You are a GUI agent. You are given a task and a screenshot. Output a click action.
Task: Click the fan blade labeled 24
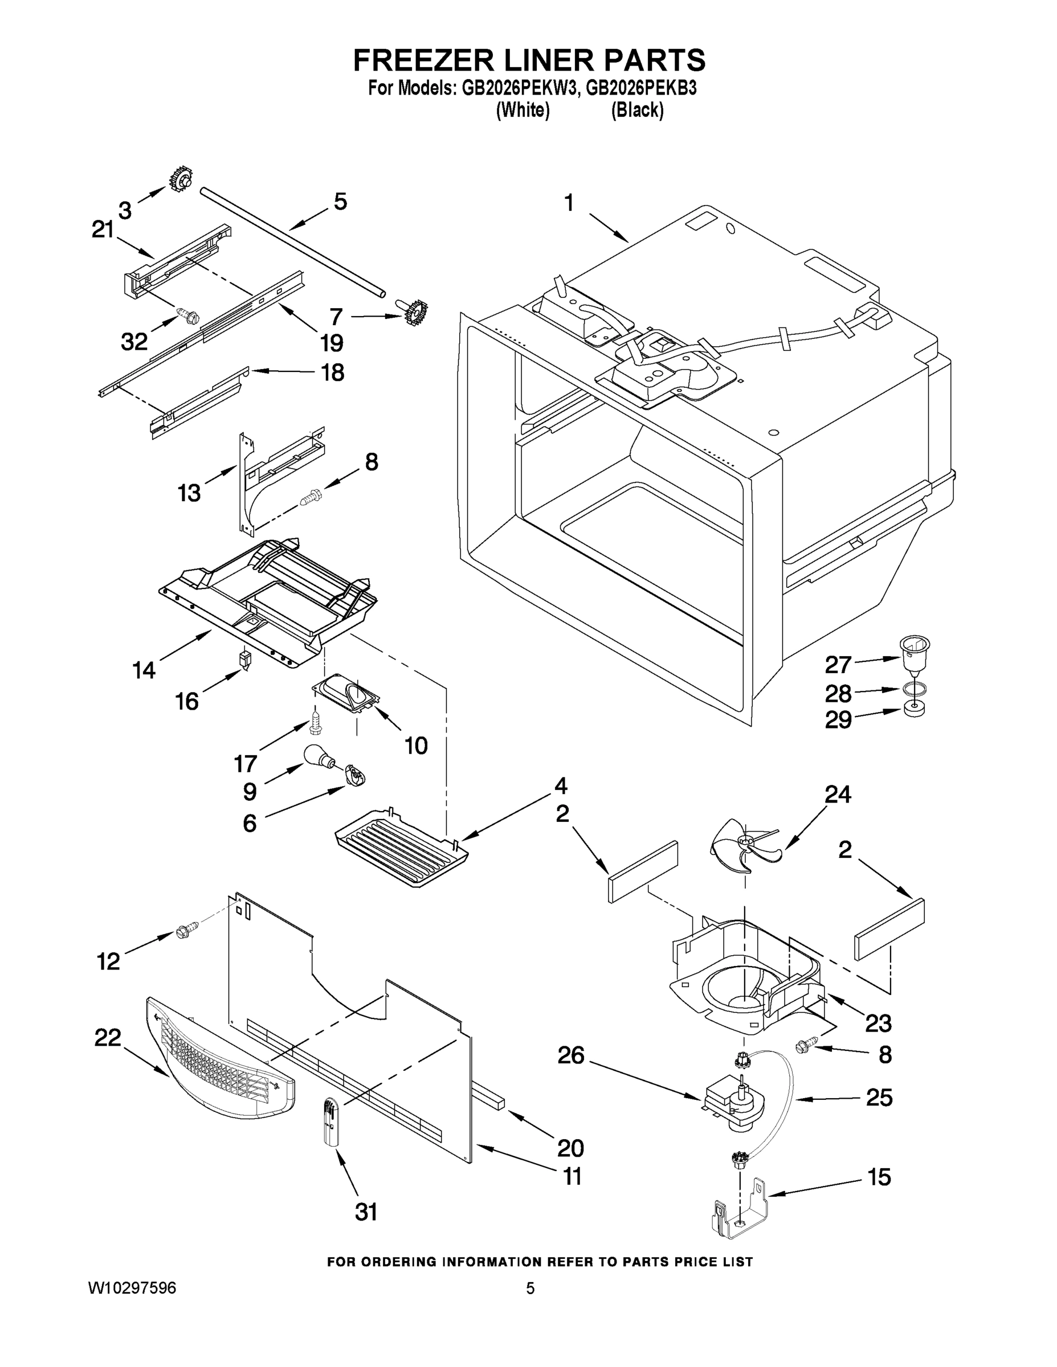pyautogui.click(x=742, y=847)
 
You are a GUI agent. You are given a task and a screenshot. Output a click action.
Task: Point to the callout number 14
pyautogui.click(x=144, y=670)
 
